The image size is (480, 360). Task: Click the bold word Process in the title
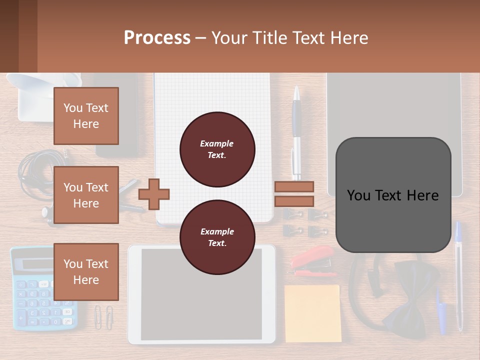click(x=157, y=37)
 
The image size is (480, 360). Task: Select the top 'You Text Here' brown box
click(x=86, y=116)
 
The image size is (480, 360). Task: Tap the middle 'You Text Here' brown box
click(x=86, y=195)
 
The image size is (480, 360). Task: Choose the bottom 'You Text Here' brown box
click(x=86, y=271)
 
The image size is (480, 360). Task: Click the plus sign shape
click(x=154, y=193)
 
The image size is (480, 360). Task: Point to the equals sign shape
click(x=294, y=194)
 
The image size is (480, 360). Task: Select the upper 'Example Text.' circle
click(x=217, y=149)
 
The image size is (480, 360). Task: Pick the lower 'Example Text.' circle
click(x=217, y=237)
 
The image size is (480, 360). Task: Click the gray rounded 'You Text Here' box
click(x=393, y=195)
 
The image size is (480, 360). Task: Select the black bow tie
click(x=410, y=305)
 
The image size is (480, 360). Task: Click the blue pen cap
click(x=440, y=312)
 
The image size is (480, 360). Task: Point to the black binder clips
click(x=304, y=223)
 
